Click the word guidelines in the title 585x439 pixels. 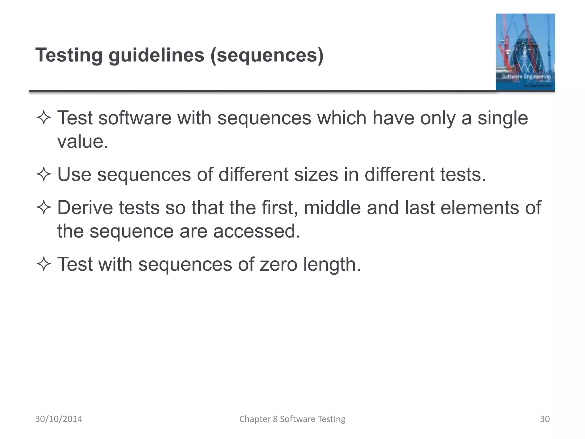click(156, 55)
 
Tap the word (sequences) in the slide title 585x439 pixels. click(267, 55)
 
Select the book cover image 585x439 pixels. click(525, 52)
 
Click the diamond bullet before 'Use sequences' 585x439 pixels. click(43, 174)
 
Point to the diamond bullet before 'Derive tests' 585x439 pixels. click(43, 207)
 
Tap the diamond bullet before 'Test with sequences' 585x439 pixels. click(43, 264)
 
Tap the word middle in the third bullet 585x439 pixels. click(332, 207)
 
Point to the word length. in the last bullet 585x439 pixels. click(332, 264)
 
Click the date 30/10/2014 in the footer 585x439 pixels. click(59, 419)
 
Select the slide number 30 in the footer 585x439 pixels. click(545, 419)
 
